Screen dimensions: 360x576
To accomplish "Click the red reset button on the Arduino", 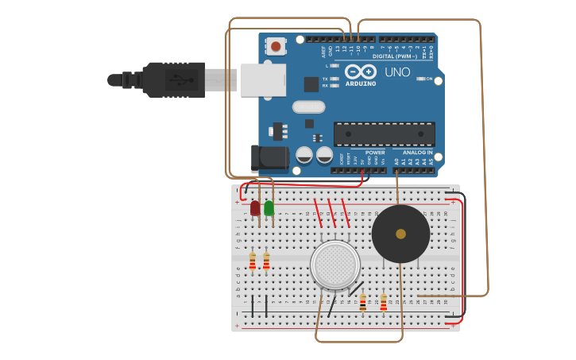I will coord(276,46).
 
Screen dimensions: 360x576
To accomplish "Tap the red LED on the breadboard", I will coord(255,208).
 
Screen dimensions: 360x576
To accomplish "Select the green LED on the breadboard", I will coord(269,208).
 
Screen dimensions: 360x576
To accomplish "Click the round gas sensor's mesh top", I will coord(335,265).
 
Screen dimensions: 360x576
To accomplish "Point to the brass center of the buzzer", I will coord(400,234).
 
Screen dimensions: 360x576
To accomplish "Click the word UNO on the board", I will coord(397,72).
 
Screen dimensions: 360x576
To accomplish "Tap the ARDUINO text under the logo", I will coord(361,83).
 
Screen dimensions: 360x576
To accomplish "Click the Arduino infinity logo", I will coord(361,72).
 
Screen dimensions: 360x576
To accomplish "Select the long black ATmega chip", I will coord(384,134).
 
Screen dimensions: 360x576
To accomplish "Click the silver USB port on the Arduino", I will coord(263,79).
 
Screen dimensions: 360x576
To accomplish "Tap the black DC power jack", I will coord(269,157).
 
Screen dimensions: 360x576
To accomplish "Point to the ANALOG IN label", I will coord(418,152).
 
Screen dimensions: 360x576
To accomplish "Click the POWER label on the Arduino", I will coord(375,152).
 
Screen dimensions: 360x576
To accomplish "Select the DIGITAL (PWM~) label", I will coord(395,56).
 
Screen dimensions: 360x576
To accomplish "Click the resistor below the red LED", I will coord(253,261).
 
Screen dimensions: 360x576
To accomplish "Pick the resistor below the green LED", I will coord(266,261).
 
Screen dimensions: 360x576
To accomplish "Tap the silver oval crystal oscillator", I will coord(308,106).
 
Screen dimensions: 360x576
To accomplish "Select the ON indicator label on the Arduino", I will coord(430,79).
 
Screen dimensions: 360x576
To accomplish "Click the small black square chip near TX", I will coord(311,83).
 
